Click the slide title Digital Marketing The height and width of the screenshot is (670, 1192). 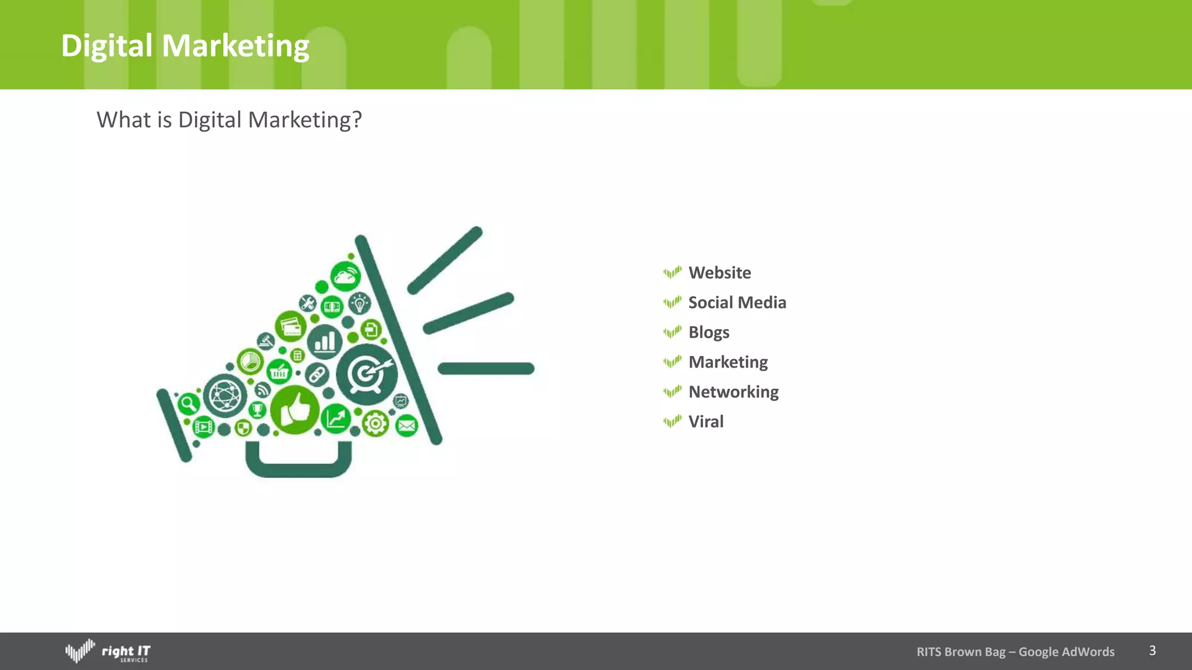(x=185, y=46)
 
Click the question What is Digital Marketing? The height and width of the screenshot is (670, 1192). (x=229, y=120)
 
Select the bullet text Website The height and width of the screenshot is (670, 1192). (x=719, y=273)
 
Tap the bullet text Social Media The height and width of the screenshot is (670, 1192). (x=737, y=302)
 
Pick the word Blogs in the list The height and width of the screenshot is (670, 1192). (x=708, y=332)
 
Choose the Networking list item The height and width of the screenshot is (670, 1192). (x=733, y=392)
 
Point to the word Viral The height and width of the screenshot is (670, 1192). (x=705, y=422)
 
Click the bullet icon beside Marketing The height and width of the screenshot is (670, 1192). (x=672, y=362)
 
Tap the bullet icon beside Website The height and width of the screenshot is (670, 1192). (x=672, y=272)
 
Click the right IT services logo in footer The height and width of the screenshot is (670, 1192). (x=108, y=651)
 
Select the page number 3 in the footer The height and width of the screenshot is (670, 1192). (x=1152, y=650)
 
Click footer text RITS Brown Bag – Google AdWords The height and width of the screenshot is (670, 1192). (x=1015, y=652)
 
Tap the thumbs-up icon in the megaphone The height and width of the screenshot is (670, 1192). (x=295, y=410)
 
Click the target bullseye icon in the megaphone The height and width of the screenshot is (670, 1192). (x=367, y=373)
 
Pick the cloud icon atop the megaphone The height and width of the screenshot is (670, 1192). (x=345, y=276)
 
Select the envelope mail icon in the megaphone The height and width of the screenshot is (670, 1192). (x=406, y=426)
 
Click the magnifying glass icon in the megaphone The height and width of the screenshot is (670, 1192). (x=188, y=403)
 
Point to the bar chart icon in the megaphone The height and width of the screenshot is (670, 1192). (x=325, y=341)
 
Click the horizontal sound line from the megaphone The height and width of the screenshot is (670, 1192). (x=486, y=369)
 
